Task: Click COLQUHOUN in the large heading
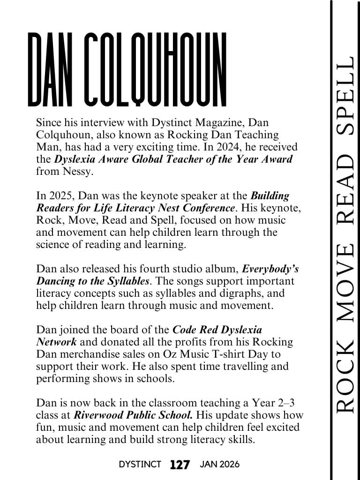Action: [157, 69]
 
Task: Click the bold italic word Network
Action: [54, 342]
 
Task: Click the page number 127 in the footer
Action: [180, 465]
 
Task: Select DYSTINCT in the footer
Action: [140, 465]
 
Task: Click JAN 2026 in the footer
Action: [219, 465]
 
